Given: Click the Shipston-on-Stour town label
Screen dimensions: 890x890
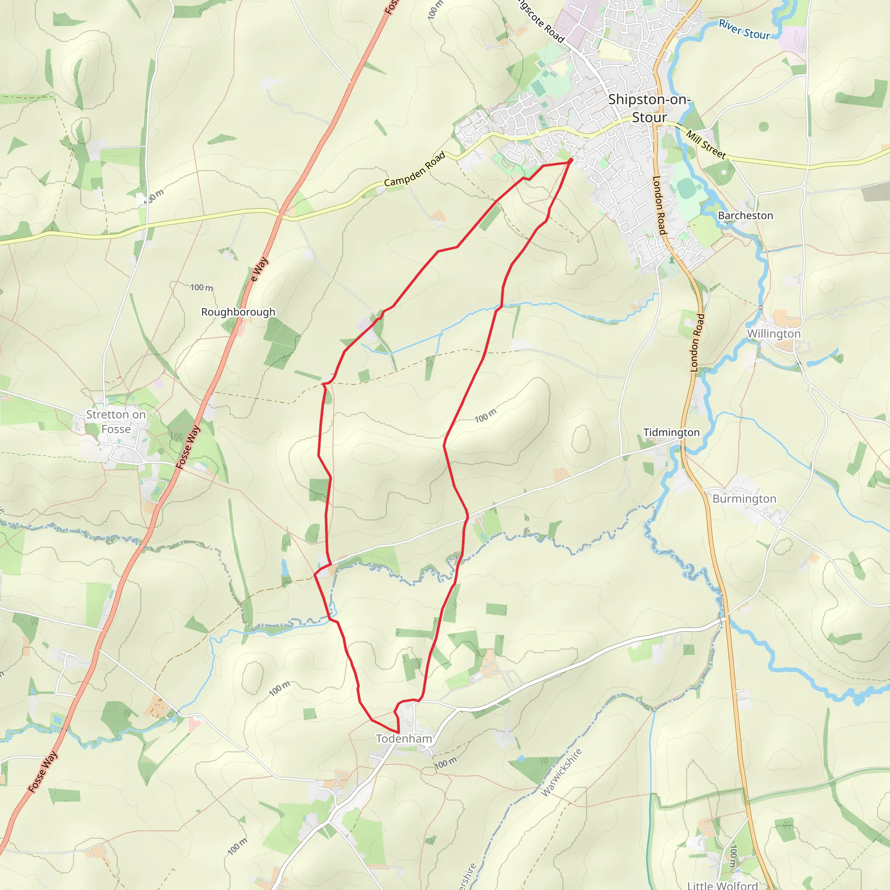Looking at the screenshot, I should click(x=649, y=108).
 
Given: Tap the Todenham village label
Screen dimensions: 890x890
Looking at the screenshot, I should click(x=404, y=738).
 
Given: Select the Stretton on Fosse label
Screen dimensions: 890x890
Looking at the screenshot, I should click(x=116, y=422).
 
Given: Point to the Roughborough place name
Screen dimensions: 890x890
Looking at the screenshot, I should click(x=238, y=312).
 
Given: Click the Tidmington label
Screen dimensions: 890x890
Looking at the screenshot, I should click(x=671, y=432).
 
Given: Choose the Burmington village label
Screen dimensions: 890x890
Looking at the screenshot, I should click(x=744, y=499).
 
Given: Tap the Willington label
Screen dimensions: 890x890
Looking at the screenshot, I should click(x=774, y=333).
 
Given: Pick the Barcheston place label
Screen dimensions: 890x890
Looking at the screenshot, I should click(x=745, y=216).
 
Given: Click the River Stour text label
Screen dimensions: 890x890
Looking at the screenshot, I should click(x=744, y=30).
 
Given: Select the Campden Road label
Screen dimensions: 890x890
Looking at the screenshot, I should click(x=415, y=169).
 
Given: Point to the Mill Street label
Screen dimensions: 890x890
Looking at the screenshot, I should click(x=706, y=145).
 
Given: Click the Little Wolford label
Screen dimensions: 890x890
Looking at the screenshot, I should click(x=722, y=885).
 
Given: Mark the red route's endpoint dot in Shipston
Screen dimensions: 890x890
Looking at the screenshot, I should click(x=571, y=160).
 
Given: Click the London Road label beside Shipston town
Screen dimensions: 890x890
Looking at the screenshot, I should click(x=659, y=206).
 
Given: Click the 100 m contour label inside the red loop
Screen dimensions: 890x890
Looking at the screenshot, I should click(x=485, y=415).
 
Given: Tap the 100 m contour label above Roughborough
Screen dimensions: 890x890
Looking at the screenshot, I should click(x=202, y=287).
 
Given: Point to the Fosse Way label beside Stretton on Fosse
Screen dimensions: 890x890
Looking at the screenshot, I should click(x=188, y=447).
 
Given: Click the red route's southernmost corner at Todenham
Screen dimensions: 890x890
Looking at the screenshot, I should click(x=398, y=732).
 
